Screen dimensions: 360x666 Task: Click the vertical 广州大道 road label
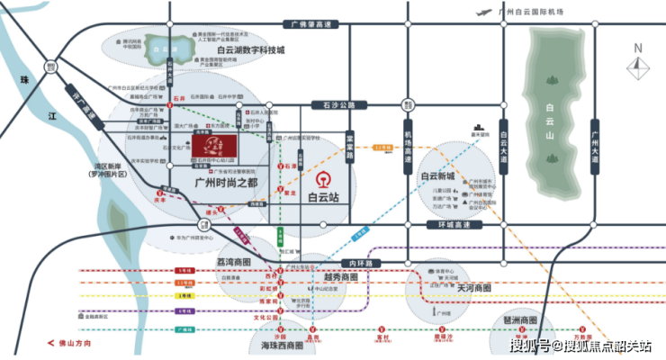595,147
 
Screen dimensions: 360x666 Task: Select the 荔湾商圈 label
242,260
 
